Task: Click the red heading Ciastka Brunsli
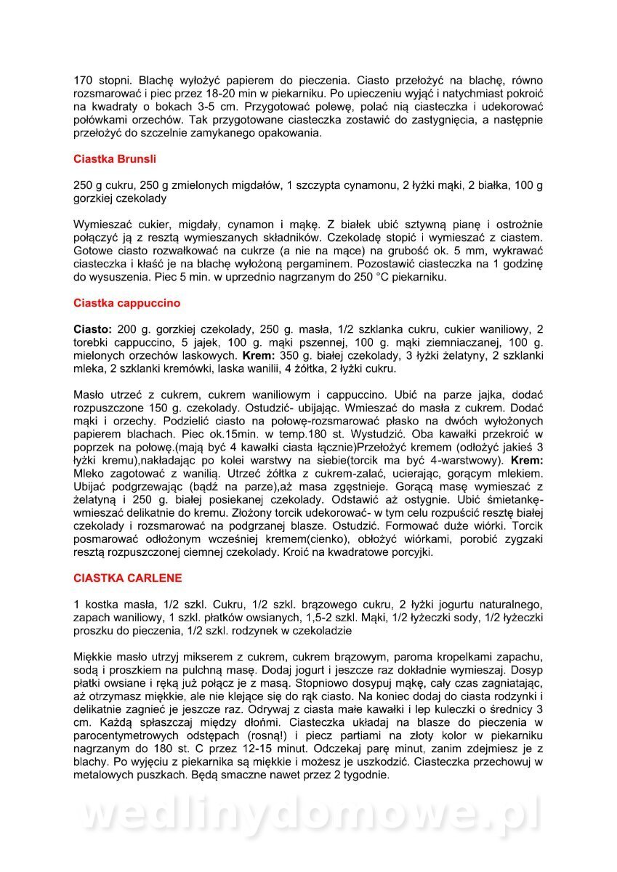point(115,158)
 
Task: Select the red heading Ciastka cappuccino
point(126,302)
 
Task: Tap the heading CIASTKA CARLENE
point(127,578)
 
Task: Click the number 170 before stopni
point(84,80)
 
